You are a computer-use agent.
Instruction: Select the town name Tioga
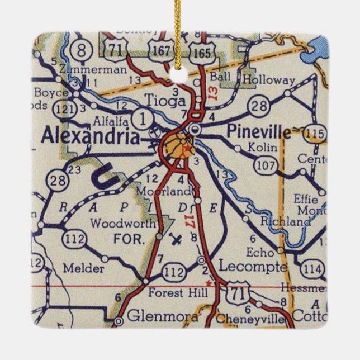(x=164, y=101)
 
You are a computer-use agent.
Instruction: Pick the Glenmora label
(x=162, y=317)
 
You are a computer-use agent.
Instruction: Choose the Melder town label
(x=84, y=268)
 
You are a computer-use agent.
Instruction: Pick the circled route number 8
(x=82, y=49)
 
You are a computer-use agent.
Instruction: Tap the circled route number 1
(x=143, y=119)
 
